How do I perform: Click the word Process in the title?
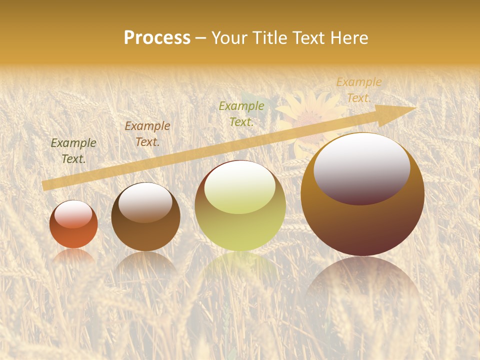click(157, 38)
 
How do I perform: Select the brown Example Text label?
click(147, 134)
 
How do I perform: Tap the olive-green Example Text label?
click(241, 113)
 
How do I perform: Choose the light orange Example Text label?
click(358, 90)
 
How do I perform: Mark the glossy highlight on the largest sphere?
click(361, 169)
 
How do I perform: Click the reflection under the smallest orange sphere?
click(73, 256)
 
